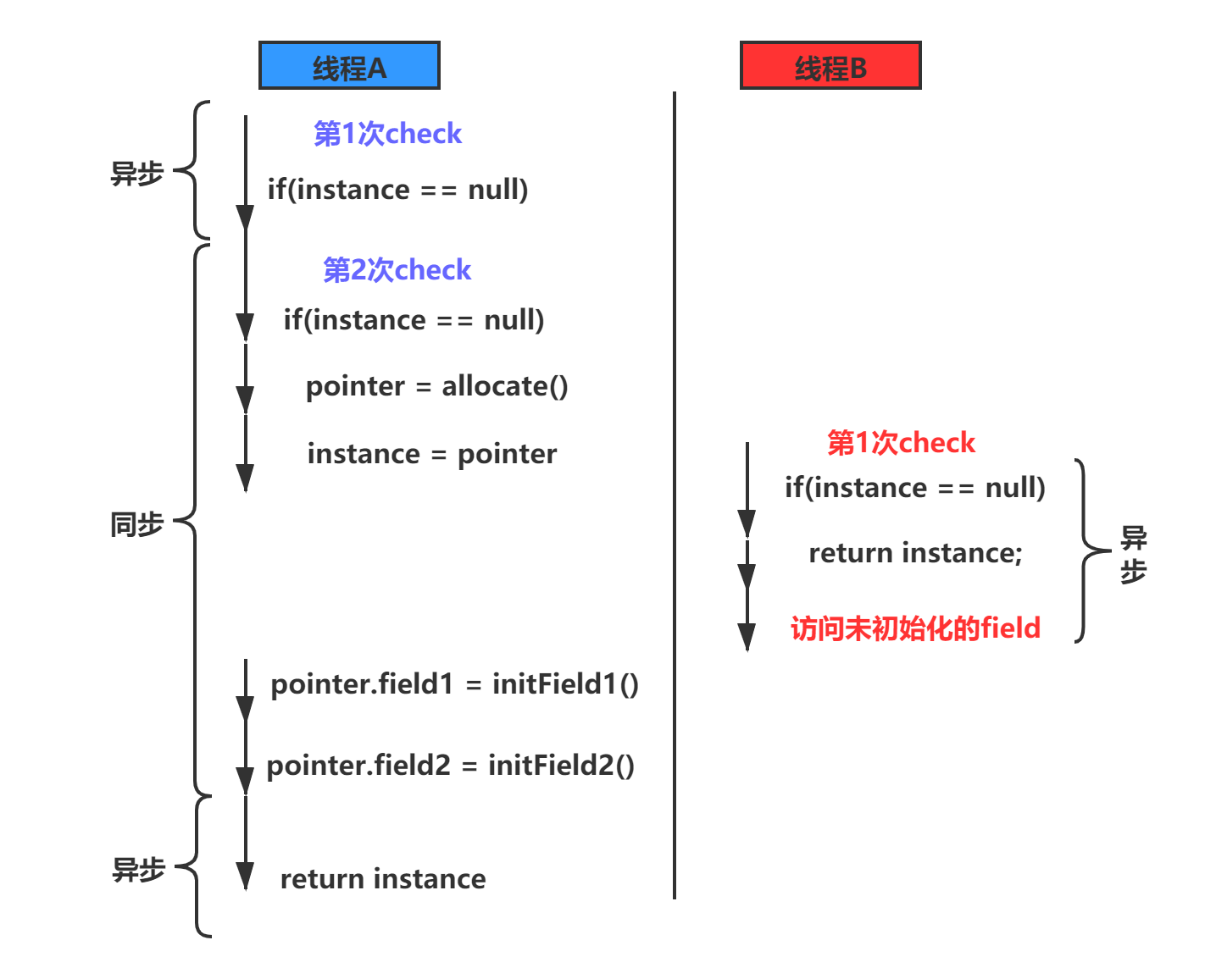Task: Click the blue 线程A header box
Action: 349,66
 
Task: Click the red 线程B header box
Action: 830,66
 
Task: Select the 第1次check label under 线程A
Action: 387,134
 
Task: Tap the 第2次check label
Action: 397,270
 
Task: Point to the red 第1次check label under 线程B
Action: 901,442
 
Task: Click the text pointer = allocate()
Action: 436,387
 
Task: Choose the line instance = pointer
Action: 432,455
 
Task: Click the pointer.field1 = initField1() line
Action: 454,684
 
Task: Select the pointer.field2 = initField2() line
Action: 450,766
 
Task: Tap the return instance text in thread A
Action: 383,879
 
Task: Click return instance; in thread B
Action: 915,553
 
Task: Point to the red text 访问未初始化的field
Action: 915,628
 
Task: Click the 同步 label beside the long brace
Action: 136,524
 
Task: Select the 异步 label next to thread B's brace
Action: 1133,555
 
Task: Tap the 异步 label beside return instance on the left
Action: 138,869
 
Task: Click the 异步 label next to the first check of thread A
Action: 136,174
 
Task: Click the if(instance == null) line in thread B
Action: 914,488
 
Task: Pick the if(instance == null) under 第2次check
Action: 414,320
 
